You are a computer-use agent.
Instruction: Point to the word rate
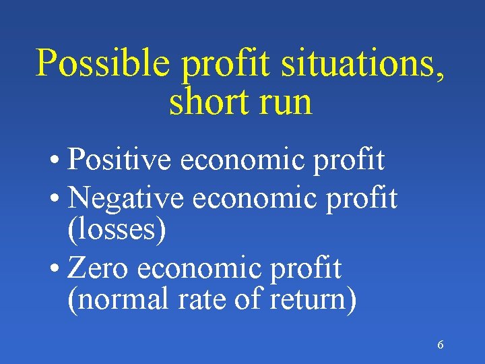coord(200,299)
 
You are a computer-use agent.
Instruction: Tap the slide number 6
coord(441,345)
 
